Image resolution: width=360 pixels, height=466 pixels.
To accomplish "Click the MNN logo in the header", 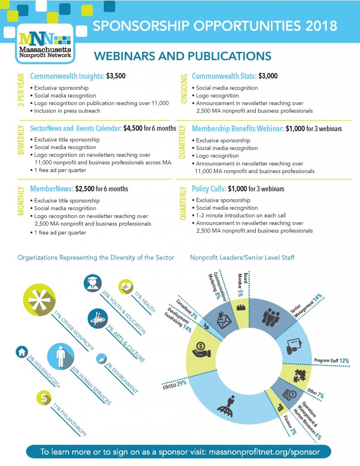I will point(44,42).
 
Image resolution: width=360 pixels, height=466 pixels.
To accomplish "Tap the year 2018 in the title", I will point(321,26).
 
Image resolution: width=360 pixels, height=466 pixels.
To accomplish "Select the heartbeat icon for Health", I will point(126,287).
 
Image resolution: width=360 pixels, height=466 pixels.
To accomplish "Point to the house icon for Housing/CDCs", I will point(21,352).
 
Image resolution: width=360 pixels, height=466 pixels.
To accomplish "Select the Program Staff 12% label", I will point(331,361).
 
